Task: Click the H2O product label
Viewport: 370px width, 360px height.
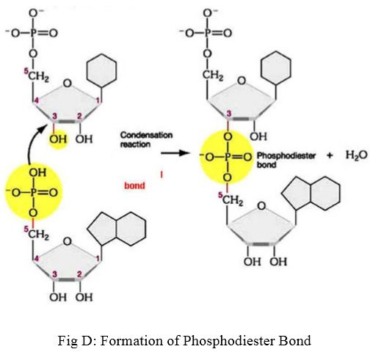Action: click(x=357, y=155)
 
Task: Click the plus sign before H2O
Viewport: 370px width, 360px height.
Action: click(x=330, y=155)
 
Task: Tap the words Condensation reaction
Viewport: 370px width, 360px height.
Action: click(x=146, y=139)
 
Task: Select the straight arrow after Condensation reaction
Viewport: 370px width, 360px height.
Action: click(x=175, y=153)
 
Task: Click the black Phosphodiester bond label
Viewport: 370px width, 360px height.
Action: click(x=286, y=160)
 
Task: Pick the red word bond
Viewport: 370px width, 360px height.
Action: click(x=134, y=185)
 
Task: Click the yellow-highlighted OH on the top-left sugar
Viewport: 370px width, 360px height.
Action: click(x=58, y=139)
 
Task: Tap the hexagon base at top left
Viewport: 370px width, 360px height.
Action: click(x=101, y=70)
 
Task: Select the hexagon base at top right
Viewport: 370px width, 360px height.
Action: click(x=276, y=68)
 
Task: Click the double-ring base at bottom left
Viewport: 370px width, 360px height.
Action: click(x=117, y=229)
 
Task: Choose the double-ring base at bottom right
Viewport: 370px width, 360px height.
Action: click(x=311, y=193)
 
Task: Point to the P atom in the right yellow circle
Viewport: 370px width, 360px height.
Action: click(x=228, y=157)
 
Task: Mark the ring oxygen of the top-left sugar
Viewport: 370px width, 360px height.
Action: click(x=68, y=84)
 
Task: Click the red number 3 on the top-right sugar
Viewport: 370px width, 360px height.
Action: click(x=229, y=114)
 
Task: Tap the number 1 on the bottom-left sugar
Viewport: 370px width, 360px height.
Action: click(x=98, y=258)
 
